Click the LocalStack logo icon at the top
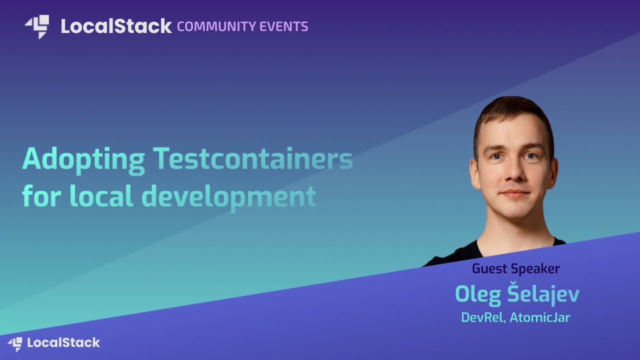point(37,26)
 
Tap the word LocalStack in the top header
point(116,26)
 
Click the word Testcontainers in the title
point(253,159)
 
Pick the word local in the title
point(101,196)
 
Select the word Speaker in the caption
point(535,269)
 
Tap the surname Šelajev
point(543,294)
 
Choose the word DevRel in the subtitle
point(483,317)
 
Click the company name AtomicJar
point(541,317)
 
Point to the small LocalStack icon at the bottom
point(15,343)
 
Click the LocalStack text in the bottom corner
point(63,343)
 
